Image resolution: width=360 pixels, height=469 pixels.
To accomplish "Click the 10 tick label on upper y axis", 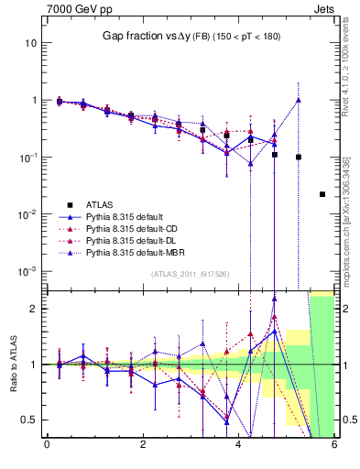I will coord(30,43).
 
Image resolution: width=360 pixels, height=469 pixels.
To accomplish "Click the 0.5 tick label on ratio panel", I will coord(29,420).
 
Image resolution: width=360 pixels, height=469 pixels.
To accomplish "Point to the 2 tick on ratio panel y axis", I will coord(35,309).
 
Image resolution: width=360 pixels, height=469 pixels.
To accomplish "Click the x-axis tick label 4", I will coord(238,445).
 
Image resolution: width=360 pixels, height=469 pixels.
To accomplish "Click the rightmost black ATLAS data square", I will coord(322,194).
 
